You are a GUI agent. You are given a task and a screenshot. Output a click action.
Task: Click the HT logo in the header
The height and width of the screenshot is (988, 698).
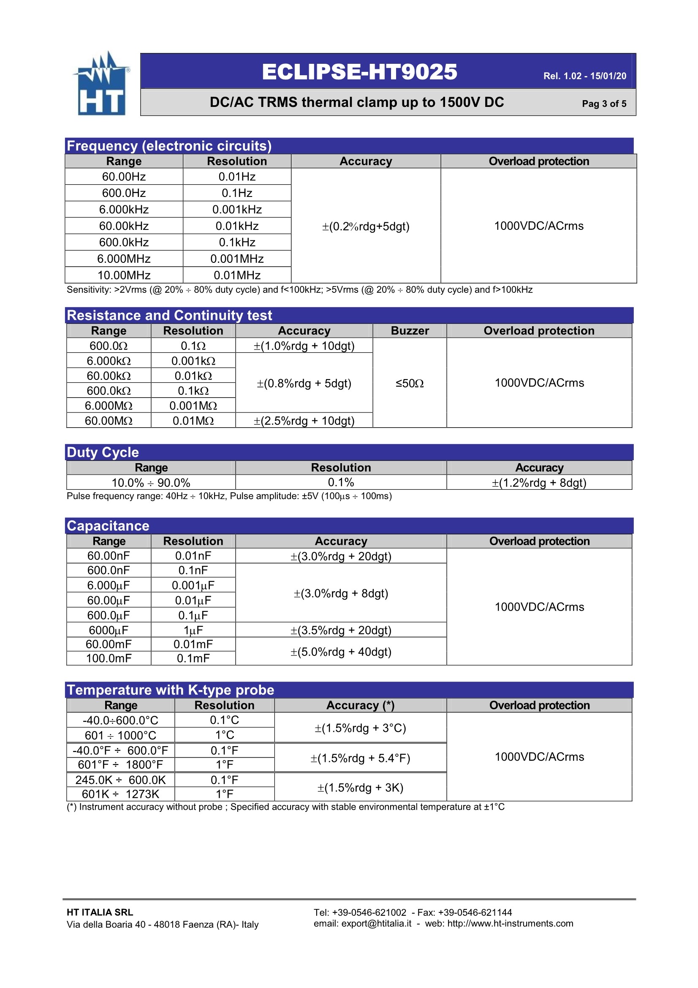tap(101, 85)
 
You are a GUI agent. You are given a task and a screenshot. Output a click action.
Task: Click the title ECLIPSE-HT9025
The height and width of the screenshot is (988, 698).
tap(359, 72)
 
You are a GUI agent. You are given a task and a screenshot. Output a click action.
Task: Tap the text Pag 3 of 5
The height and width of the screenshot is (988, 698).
tap(604, 104)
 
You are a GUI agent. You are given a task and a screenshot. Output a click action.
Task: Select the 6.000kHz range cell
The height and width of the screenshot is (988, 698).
tap(124, 210)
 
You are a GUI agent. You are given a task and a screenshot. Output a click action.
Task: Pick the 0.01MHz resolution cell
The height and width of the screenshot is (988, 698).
tap(237, 275)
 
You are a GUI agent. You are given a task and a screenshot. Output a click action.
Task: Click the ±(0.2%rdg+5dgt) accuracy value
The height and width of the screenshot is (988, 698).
tap(366, 227)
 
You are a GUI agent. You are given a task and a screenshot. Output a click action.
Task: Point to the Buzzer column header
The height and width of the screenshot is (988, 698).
tap(410, 330)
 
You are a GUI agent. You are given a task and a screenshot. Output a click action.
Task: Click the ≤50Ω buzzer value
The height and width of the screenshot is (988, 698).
tap(410, 383)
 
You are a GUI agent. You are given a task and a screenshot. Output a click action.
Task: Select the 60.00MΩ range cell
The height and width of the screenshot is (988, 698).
tap(109, 420)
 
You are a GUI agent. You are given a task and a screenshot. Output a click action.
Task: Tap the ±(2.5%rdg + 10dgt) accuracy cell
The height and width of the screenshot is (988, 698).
tap(304, 420)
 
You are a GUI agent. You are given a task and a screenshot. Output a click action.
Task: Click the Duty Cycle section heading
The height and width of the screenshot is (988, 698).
tap(103, 452)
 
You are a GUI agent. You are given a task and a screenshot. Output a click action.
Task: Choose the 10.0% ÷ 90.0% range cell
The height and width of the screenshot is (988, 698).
tap(151, 483)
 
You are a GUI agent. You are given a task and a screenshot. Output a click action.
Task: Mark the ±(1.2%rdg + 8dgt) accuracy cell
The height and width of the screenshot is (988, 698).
tap(539, 483)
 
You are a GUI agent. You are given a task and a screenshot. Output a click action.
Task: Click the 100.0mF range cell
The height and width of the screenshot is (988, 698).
tap(109, 658)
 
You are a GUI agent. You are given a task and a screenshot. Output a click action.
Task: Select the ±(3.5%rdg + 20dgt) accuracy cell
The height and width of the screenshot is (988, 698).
tap(341, 630)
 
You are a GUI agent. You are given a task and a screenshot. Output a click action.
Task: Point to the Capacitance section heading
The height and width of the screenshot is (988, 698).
tap(108, 526)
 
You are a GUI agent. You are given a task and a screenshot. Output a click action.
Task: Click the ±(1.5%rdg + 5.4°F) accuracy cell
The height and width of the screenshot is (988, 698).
tap(360, 758)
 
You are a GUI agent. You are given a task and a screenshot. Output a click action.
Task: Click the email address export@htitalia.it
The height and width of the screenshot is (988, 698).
tap(376, 923)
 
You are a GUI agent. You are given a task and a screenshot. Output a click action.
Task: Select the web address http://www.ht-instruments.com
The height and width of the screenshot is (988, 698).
tap(510, 923)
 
